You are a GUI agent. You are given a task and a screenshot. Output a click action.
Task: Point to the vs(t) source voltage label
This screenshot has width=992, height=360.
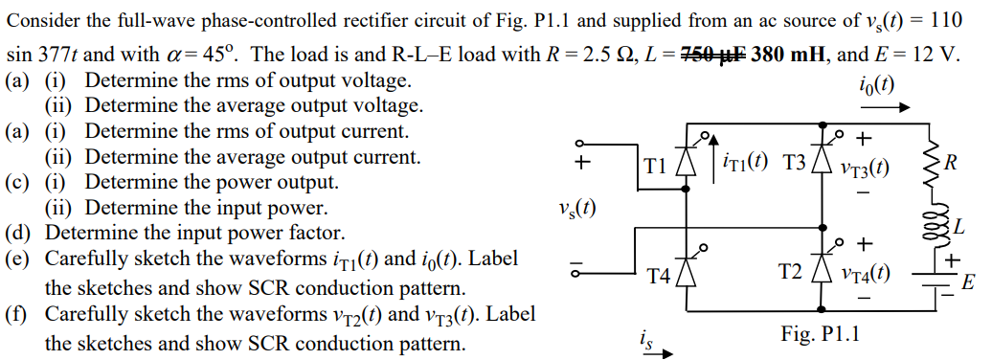[x=573, y=208]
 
